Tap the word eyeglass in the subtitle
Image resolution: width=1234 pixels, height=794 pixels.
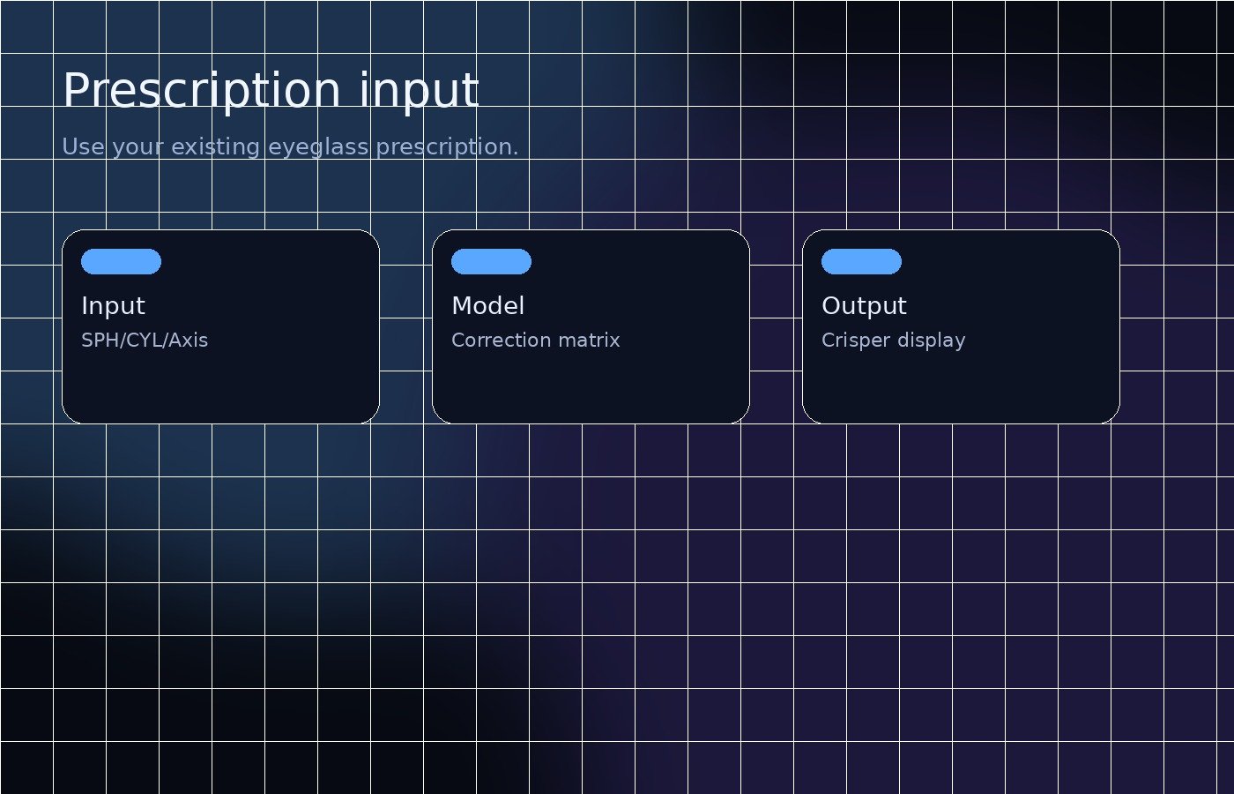tap(318, 148)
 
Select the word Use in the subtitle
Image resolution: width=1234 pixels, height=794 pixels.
tap(83, 146)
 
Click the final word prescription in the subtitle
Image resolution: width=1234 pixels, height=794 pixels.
tap(448, 148)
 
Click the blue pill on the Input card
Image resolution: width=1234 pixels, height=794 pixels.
tap(122, 261)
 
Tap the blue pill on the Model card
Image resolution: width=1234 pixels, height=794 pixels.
tap(492, 261)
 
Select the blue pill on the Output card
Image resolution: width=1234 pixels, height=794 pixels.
tap(862, 261)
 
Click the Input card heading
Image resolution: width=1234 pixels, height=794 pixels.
tap(113, 307)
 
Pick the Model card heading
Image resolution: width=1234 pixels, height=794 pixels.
tap(487, 305)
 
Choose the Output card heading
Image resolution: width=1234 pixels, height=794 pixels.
tap(864, 307)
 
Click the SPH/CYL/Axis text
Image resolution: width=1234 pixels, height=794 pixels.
tap(145, 341)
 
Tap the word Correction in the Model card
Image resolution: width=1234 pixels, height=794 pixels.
tap(501, 341)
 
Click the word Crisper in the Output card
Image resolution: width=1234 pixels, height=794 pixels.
tap(856, 341)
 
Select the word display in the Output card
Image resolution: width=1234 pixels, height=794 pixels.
tap(932, 341)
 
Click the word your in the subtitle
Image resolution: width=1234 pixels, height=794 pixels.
tap(138, 148)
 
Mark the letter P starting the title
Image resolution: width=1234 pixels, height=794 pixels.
tap(76, 89)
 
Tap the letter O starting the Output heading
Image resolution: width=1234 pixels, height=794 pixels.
tap(831, 306)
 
